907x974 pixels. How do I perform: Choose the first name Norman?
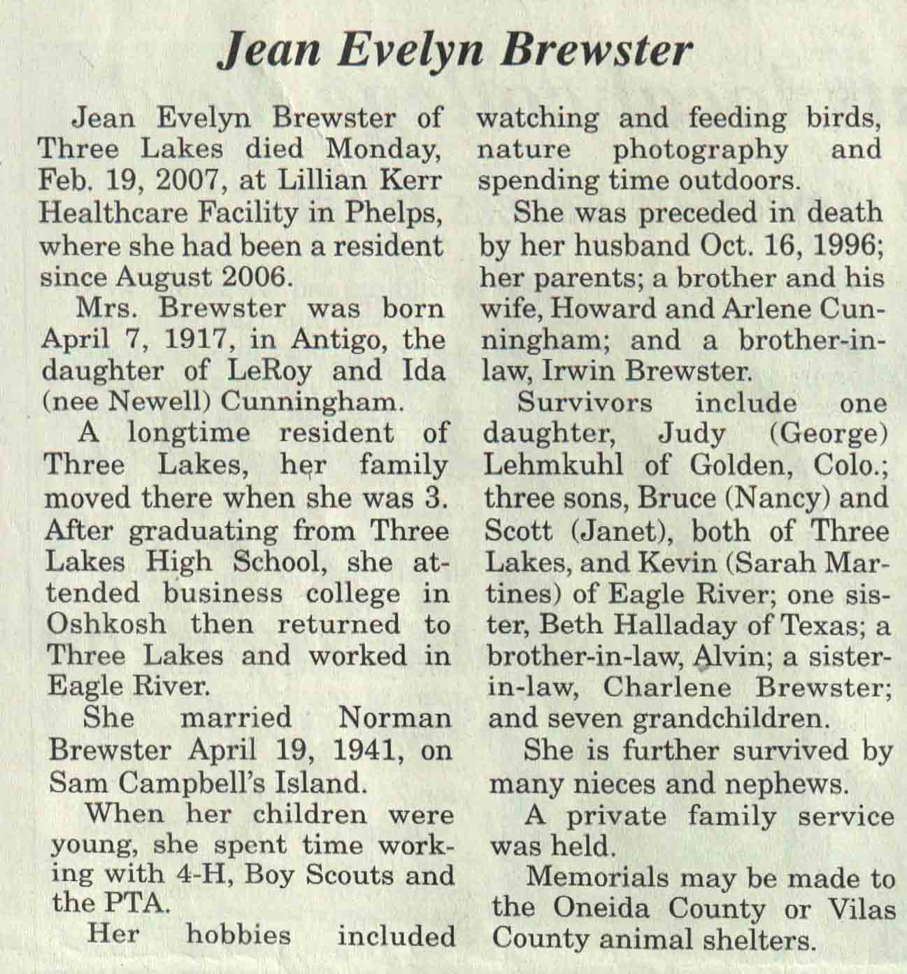tap(394, 718)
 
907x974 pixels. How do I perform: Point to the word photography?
tap(700, 149)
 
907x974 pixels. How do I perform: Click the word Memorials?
tap(597, 877)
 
